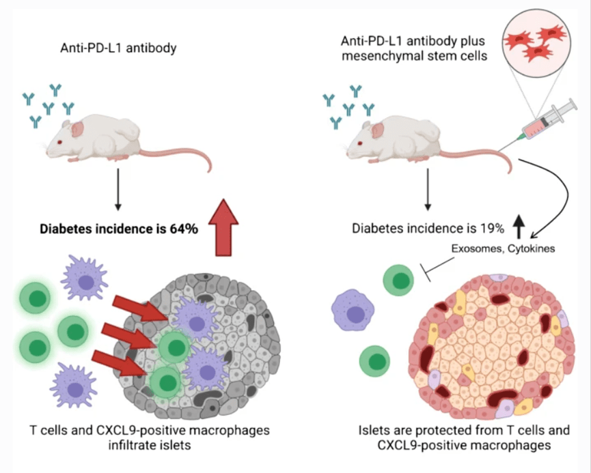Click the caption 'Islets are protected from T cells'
[463, 431]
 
